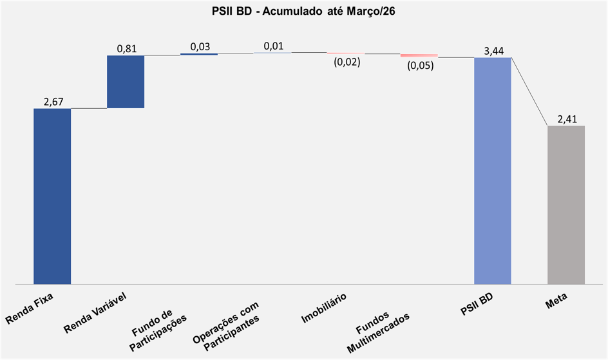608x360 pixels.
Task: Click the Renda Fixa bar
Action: tap(52, 196)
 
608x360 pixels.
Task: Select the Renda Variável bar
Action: tap(126, 81)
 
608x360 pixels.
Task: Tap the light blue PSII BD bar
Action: tap(493, 171)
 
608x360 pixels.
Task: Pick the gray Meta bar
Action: tap(566, 204)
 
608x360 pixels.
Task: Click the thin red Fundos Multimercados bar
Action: tap(419, 56)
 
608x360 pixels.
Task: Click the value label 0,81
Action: tap(126, 48)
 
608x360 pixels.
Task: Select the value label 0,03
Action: tap(200, 46)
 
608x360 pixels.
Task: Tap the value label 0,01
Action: tap(273, 46)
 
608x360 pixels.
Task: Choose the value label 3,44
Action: tap(493, 51)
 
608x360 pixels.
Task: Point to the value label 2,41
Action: tap(567, 118)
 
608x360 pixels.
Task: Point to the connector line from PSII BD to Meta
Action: tap(529, 91)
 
